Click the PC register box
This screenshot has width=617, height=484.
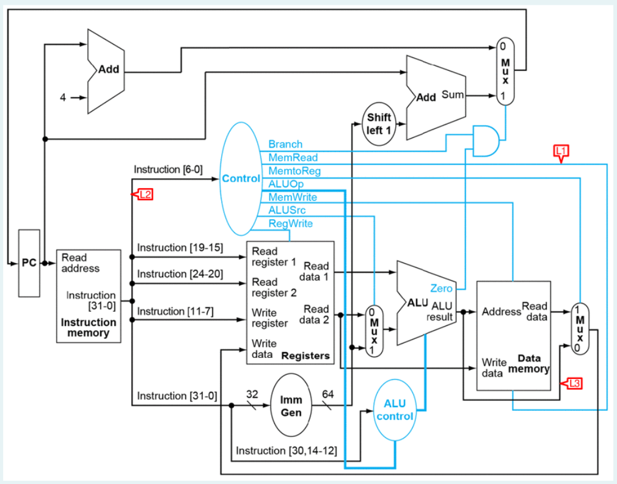click(29, 263)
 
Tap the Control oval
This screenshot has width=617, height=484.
click(240, 179)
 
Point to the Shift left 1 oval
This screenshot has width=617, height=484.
click(379, 124)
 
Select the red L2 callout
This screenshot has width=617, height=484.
click(144, 195)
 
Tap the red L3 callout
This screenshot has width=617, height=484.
click(572, 383)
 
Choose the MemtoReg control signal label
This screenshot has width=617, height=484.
click(294, 171)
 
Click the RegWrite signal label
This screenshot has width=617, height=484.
click(291, 224)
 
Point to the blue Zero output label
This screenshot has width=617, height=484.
click(441, 288)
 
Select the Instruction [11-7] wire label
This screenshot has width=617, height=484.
click(175, 311)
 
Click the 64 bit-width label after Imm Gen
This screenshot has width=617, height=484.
click(328, 394)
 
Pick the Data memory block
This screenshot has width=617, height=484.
click(513, 335)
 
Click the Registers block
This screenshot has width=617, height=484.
click(290, 303)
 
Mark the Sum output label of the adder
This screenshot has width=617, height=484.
click(453, 95)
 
